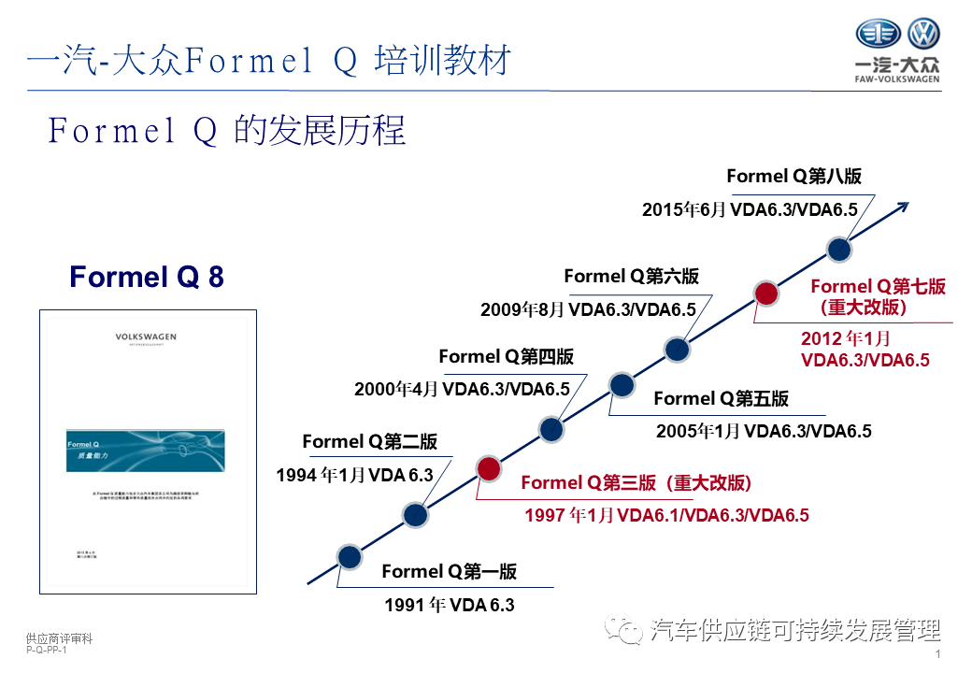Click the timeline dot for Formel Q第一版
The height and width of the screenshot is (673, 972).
pyautogui.click(x=349, y=557)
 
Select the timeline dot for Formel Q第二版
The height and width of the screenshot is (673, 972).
pyautogui.click(x=415, y=513)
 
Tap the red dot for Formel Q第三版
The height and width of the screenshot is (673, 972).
pyautogui.click(x=488, y=468)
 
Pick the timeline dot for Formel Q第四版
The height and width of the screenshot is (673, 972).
pyautogui.click(x=551, y=429)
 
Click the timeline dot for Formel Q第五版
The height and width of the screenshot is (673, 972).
pyautogui.click(x=622, y=384)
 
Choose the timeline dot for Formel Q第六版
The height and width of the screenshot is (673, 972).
pyautogui.click(x=678, y=350)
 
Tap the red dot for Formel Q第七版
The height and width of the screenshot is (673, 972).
pyautogui.click(x=766, y=294)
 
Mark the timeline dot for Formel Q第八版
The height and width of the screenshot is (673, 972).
pyautogui.click(x=839, y=249)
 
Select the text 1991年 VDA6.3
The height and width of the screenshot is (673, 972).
pyautogui.click(x=449, y=605)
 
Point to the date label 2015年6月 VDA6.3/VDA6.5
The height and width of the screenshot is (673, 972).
pyautogui.click(x=750, y=210)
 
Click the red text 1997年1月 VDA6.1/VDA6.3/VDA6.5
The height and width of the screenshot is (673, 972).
pyautogui.click(x=665, y=515)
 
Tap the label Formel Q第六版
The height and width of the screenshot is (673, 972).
pyautogui.click(x=631, y=277)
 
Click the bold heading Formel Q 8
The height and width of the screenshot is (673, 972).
pyautogui.click(x=147, y=277)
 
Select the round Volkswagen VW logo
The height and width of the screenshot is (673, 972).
pyautogui.click(x=924, y=35)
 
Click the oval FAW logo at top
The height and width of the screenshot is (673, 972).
pyautogui.click(x=878, y=35)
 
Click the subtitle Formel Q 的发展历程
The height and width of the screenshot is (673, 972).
pyautogui.click(x=227, y=131)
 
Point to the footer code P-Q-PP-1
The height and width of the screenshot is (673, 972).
pyautogui.click(x=47, y=651)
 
